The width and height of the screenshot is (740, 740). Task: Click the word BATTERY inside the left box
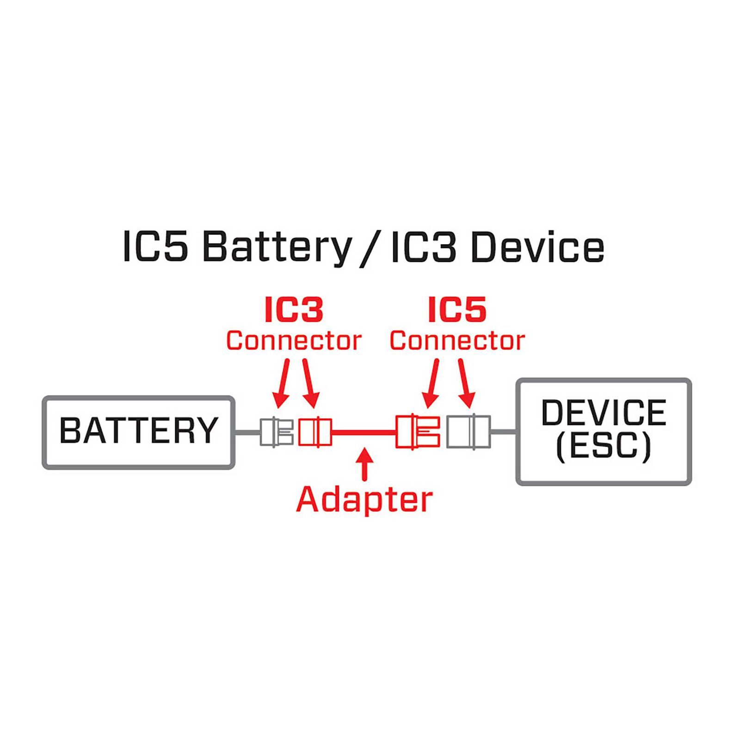tap(139, 431)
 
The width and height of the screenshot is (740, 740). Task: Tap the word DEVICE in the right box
tap(604, 413)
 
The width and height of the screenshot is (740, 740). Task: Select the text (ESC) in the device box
tap(604, 446)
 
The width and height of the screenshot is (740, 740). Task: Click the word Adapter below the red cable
tap(364, 500)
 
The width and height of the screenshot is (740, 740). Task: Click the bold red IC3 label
tap(294, 310)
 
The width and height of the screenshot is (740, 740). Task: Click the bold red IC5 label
tap(457, 310)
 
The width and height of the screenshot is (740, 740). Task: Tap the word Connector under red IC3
tap(294, 341)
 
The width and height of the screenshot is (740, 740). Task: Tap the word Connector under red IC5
tap(457, 341)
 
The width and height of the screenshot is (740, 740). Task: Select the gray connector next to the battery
tap(276, 432)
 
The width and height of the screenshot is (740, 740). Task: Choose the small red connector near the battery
tap(314, 432)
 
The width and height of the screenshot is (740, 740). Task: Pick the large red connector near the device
tap(418, 432)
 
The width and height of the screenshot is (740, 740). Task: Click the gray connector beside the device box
tap(468, 432)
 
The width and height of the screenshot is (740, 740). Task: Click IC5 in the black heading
tap(155, 247)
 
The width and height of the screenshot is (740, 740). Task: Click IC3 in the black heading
tap(423, 247)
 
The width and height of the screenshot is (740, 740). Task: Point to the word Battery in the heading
tap(277, 247)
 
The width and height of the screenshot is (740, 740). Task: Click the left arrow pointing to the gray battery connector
tap(282, 384)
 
